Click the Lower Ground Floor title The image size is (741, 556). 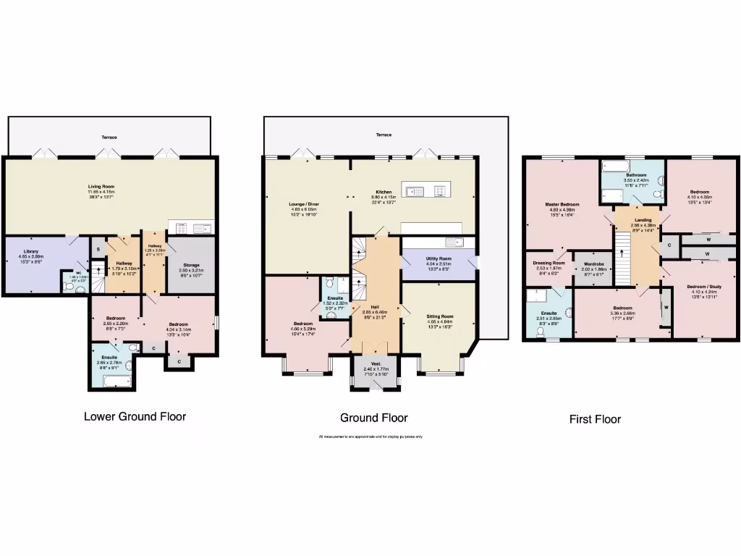[x=135, y=416]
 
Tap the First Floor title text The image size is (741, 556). [x=595, y=419]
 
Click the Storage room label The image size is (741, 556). [x=191, y=265]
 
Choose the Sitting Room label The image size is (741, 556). [x=439, y=316]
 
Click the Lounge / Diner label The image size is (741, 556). [x=304, y=205]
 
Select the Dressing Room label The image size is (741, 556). [x=549, y=263]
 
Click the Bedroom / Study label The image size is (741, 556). [x=698, y=287]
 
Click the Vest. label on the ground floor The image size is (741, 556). [x=376, y=363]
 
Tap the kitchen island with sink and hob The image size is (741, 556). [x=428, y=190]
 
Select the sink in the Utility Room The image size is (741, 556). [x=454, y=242]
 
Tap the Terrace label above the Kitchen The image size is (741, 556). [x=384, y=135]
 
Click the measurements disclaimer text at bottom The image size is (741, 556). [x=370, y=437]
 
